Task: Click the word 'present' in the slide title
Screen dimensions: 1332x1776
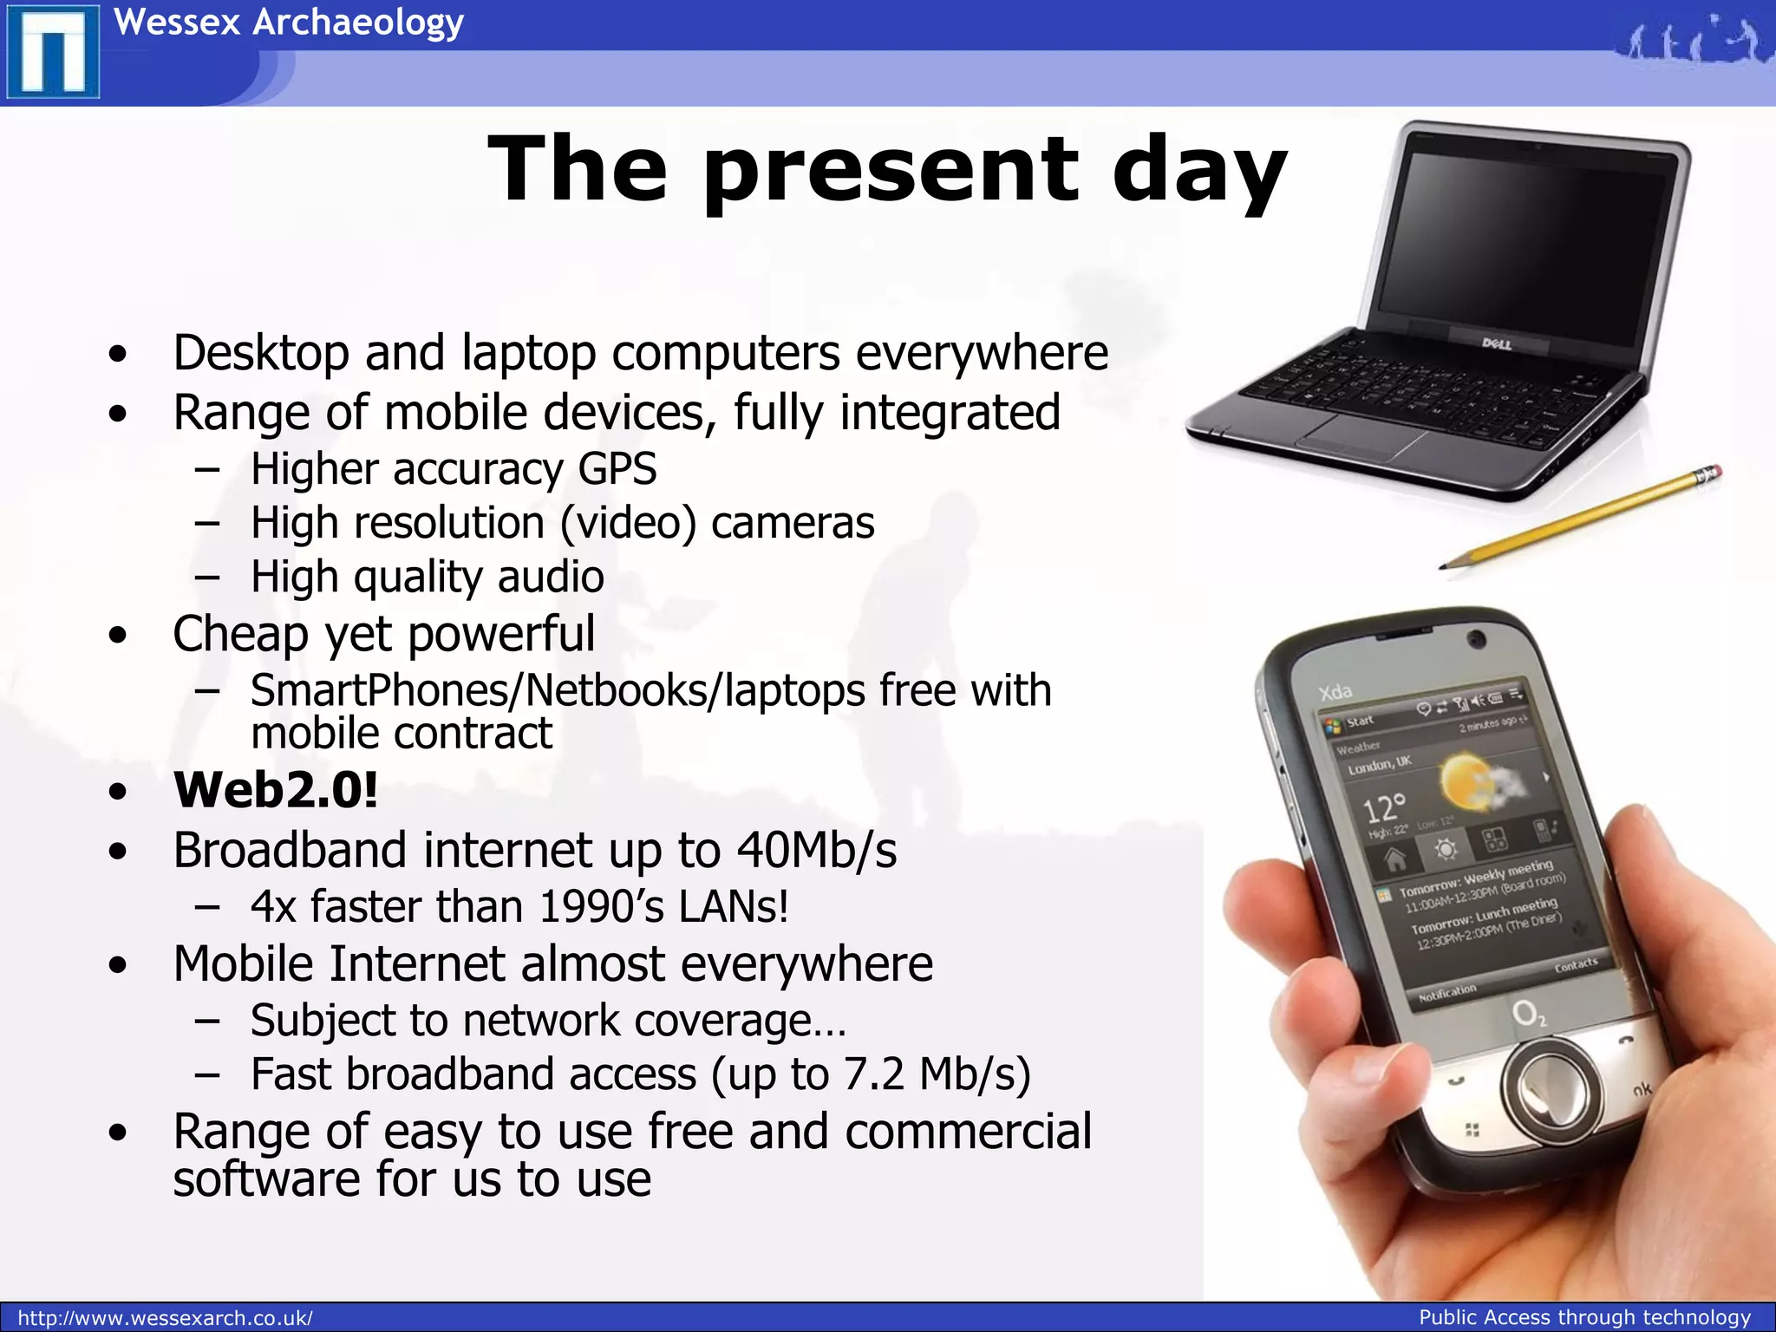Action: pos(891,170)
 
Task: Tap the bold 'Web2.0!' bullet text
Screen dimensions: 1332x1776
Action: pos(276,790)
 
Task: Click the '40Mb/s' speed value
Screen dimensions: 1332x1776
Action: pos(816,850)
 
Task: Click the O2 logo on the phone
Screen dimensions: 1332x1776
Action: pos(1528,1014)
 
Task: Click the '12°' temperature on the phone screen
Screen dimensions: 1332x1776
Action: pos(1384,808)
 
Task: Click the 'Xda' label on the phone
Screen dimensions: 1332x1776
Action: pos(1335,691)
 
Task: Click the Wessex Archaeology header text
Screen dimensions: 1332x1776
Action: pos(289,22)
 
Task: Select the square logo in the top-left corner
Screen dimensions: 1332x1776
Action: pos(52,51)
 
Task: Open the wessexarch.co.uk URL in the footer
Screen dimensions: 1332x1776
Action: pos(165,1318)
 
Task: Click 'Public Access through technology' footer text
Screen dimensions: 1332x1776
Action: pos(1584,1317)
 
